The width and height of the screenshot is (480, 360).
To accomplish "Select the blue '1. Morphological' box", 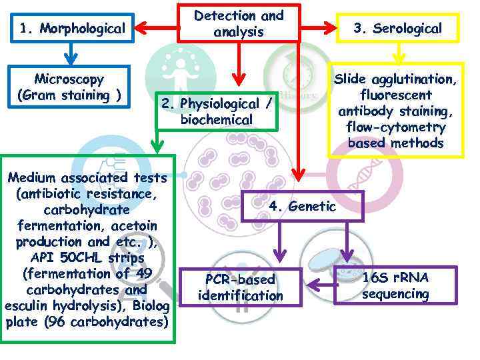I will [72, 28].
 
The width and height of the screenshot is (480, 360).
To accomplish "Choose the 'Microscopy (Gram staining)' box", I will [69, 87].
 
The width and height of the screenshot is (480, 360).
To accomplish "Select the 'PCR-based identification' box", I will [241, 287].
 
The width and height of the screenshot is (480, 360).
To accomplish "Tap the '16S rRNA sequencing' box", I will [395, 286].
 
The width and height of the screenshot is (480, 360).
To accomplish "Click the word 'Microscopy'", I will [69, 79].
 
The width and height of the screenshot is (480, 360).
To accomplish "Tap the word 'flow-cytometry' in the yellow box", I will [395, 127].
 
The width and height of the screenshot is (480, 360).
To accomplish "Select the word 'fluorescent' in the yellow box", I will [395, 95].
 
